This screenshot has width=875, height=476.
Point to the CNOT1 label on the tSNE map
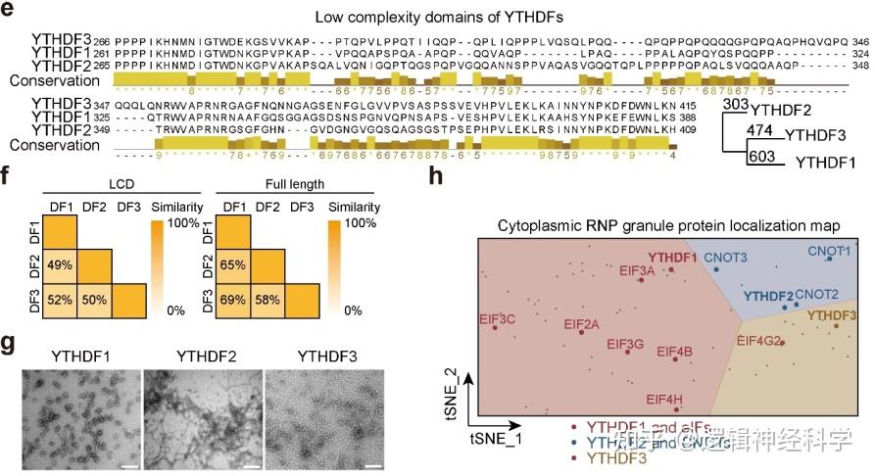tap(829, 251)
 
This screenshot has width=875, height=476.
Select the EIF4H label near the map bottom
tap(665, 399)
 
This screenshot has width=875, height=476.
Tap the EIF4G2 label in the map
tap(758, 341)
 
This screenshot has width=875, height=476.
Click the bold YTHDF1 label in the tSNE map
tap(672, 258)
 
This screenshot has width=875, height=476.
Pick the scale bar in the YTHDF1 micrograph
tap(125, 453)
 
